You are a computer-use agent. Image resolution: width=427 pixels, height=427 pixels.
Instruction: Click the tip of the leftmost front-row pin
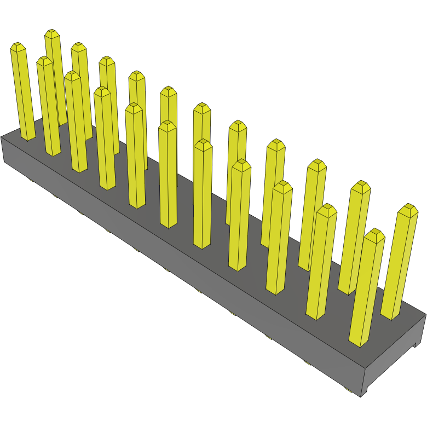(x=18, y=47)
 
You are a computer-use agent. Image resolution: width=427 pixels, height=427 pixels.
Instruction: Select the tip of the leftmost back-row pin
(x=53, y=34)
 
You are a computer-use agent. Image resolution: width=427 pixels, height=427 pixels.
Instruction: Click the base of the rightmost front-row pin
(x=359, y=342)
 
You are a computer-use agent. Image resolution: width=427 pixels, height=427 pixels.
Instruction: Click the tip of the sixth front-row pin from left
(x=168, y=126)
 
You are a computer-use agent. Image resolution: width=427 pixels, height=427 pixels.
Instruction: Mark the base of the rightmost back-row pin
(x=390, y=315)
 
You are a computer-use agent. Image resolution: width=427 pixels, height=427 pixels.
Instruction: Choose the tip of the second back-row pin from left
(x=79, y=47)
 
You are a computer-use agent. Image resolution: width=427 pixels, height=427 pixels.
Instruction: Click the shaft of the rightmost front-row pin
(x=366, y=290)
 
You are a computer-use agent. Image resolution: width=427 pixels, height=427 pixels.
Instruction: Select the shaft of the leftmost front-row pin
(x=23, y=93)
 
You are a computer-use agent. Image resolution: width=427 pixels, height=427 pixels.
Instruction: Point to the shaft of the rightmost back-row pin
(x=399, y=263)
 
